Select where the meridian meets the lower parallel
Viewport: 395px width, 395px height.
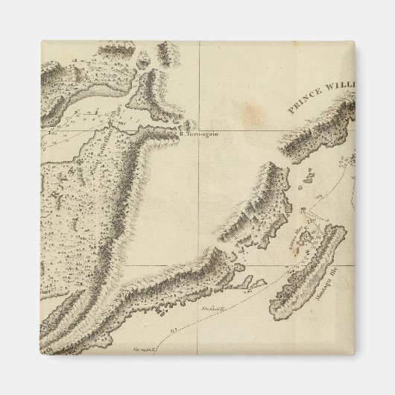click(199, 265)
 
